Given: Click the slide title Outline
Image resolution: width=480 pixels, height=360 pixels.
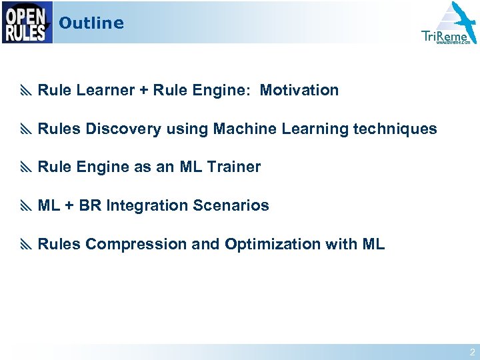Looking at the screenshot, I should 91,23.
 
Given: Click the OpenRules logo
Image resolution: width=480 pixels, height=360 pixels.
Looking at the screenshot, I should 27,22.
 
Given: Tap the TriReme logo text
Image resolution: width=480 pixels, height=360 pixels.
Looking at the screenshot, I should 445,36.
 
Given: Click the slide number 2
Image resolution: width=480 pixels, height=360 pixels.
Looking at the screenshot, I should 472,352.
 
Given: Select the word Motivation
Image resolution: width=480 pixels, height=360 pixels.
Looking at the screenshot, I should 299,90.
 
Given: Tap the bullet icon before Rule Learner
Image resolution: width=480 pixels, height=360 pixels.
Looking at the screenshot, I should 27,91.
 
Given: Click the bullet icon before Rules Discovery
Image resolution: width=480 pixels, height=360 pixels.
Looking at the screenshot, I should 27,129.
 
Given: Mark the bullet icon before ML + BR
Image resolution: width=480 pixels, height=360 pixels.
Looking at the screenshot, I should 27,206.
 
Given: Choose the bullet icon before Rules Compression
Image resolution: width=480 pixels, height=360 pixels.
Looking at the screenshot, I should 27,245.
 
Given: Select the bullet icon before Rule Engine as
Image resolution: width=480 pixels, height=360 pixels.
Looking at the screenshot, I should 27,167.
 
